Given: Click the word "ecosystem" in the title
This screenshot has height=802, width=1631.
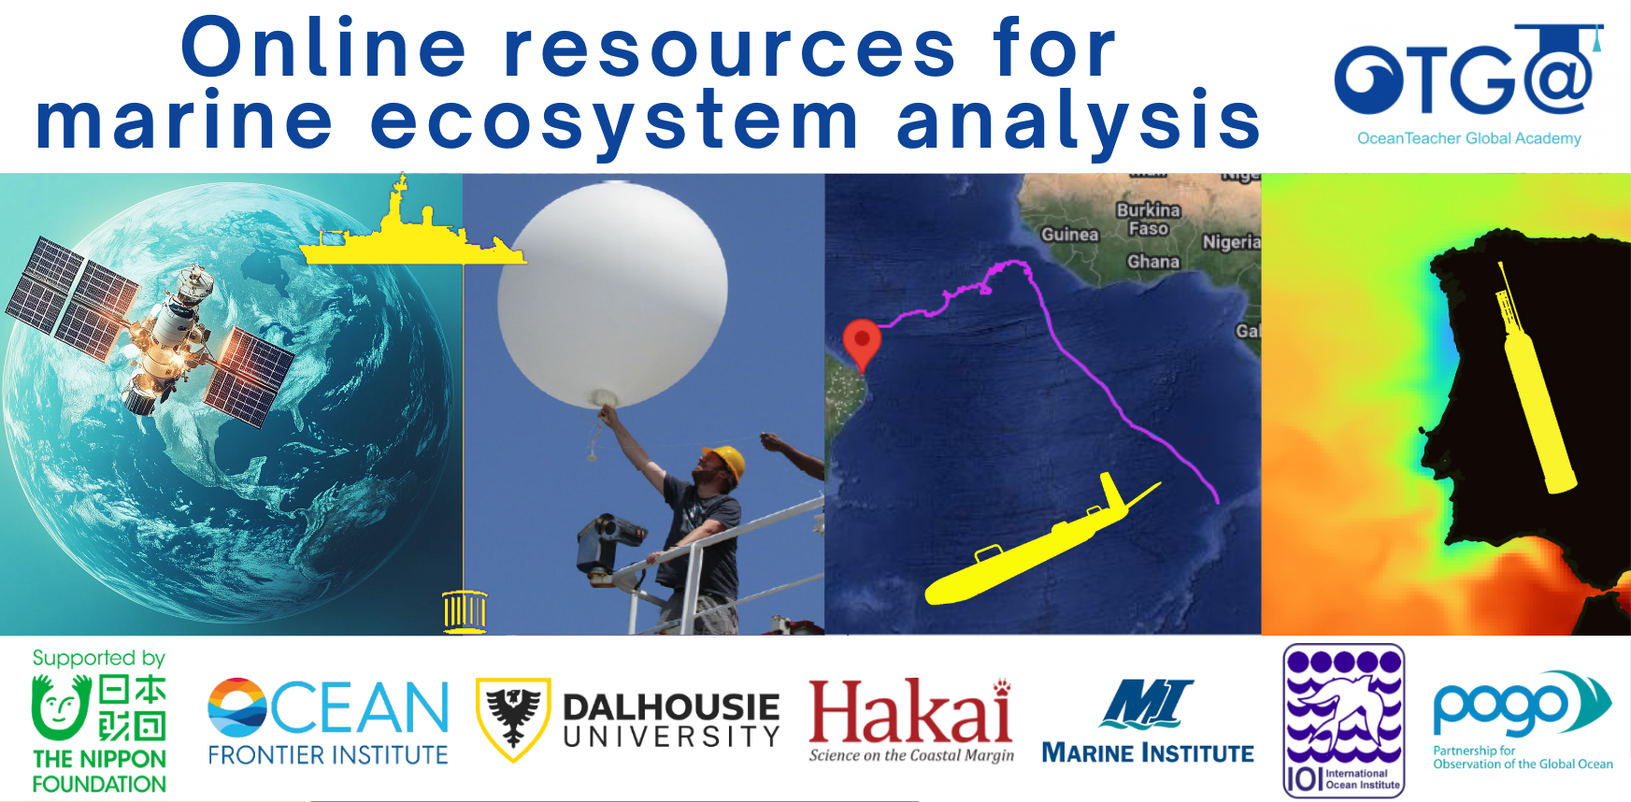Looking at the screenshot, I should [614, 122].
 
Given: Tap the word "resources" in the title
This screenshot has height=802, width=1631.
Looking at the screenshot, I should [730, 49].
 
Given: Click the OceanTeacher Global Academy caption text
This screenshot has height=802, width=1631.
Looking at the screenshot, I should [1468, 138].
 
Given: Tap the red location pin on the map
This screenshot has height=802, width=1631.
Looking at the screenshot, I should [862, 342].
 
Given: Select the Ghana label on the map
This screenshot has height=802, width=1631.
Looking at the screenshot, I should [1152, 262].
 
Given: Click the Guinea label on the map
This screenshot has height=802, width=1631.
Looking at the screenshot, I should [1069, 235].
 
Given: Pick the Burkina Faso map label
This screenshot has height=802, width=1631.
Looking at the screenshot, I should [1149, 219].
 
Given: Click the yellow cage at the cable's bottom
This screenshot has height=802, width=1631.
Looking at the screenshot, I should [465, 611].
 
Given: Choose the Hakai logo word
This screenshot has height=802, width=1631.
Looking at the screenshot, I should [909, 713].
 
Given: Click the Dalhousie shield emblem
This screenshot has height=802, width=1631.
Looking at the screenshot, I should [512, 718].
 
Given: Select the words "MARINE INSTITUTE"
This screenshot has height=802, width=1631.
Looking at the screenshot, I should [1147, 753].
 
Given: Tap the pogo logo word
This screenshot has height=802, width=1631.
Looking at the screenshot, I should [1500, 708].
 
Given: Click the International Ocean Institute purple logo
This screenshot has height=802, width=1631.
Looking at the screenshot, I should [1343, 720].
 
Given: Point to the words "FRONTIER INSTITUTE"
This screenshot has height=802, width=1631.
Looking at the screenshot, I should [328, 755].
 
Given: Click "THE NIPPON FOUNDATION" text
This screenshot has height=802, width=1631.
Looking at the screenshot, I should [99, 771].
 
